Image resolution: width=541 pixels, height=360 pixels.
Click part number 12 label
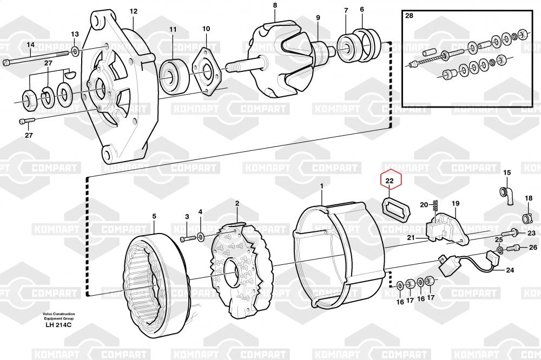[x=134, y=11]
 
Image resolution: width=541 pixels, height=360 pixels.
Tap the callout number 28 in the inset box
[x=409, y=16]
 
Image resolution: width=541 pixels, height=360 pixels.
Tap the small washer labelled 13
[x=75, y=52]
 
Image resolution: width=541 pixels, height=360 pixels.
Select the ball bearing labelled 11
[x=174, y=78]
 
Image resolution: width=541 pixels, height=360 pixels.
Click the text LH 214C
[x=58, y=325]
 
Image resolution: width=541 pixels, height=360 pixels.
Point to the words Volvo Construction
[x=58, y=314]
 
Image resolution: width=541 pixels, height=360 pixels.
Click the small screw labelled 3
[x=186, y=238]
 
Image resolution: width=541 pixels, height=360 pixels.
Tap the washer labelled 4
[x=201, y=237]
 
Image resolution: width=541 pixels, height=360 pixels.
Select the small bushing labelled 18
[x=527, y=218]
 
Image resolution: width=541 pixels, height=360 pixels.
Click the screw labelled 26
[x=512, y=248]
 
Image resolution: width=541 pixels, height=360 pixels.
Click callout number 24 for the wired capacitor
[x=510, y=270]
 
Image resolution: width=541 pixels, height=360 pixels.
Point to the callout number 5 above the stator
[x=154, y=216]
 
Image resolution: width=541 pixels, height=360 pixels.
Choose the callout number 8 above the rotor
[x=275, y=5]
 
